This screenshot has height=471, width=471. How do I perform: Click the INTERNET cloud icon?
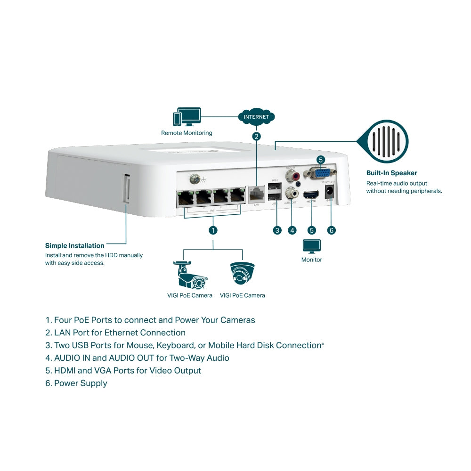(x=256, y=117)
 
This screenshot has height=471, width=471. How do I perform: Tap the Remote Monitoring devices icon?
(x=187, y=117)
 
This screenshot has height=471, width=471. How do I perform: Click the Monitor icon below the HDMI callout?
(x=311, y=246)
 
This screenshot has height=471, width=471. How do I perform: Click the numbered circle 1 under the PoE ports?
(x=213, y=230)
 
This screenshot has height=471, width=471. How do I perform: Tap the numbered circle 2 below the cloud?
(x=256, y=137)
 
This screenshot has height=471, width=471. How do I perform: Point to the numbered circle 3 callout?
(x=277, y=230)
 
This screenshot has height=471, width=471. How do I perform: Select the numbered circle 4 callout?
(x=292, y=230)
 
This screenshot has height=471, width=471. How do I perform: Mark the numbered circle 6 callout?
(x=331, y=230)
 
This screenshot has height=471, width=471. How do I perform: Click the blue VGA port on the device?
(x=320, y=172)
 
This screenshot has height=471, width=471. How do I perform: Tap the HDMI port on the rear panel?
(x=311, y=194)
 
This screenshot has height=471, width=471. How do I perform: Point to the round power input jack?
(x=330, y=192)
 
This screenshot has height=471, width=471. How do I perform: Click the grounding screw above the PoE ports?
(x=194, y=179)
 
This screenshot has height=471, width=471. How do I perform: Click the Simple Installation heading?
(x=74, y=245)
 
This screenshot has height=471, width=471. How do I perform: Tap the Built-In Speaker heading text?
(x=391, y=173)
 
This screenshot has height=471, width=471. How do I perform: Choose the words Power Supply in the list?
(x=81, y=383)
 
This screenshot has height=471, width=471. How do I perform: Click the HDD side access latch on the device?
(x=126, y=188)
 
